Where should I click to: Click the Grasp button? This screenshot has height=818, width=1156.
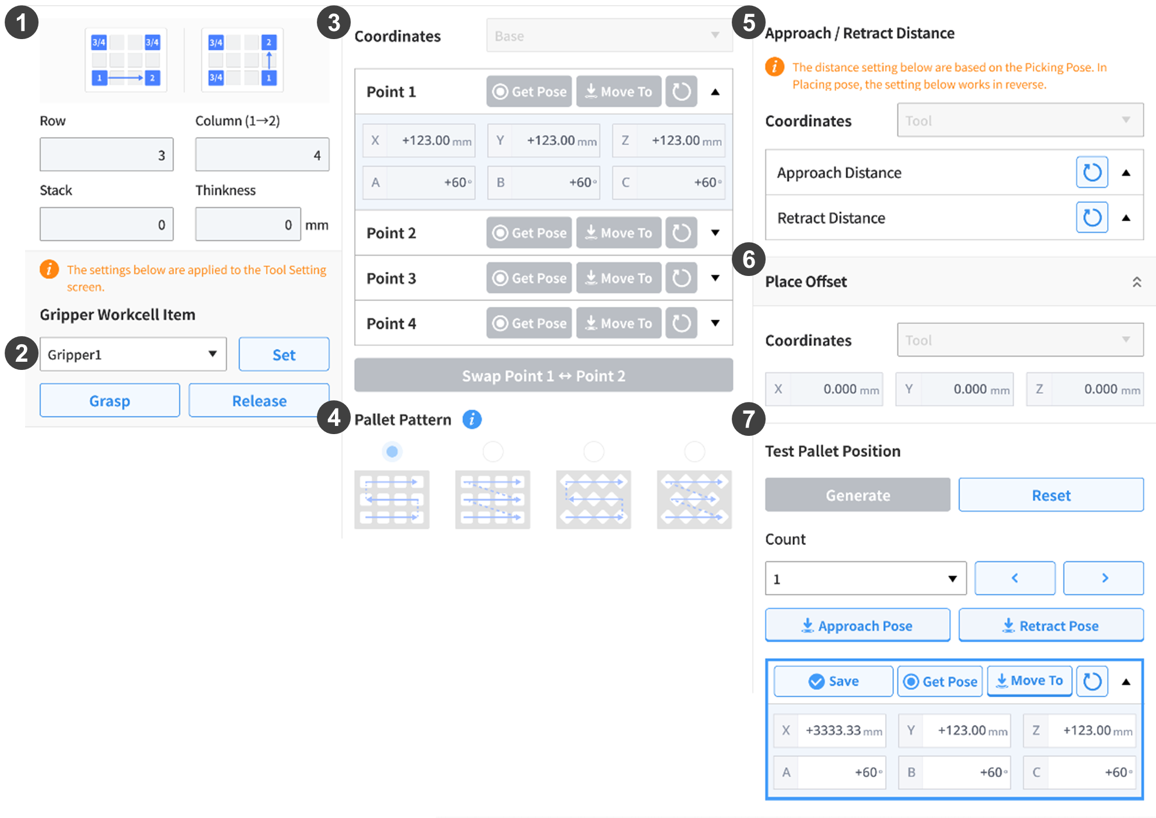[x=110, y=401]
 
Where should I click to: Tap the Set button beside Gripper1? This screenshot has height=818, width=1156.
[x=284, y=355]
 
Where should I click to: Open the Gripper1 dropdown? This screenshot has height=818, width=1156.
[x=133, y=355]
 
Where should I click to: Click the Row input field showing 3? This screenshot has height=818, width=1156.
[x=107, y=155]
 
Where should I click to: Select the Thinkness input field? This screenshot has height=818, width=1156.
[x=248, y=225]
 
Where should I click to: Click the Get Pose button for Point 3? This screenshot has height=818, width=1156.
[x=529, y=278]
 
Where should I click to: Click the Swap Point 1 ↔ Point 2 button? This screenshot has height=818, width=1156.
[x=543, y=375]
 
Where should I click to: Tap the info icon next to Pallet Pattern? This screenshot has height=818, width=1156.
[x=472, y=419]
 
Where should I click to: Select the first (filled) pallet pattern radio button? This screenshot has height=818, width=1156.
[x=392, y=452]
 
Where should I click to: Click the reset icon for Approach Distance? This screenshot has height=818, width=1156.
[x=1092, y=173]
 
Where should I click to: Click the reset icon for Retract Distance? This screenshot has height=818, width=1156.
[x=1092, y=218]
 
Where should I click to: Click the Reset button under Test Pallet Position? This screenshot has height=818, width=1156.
[x=1051, y=495]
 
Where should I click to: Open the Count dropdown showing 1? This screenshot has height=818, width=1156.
[x=866, y=579]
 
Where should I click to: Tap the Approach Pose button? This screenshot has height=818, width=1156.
[x=858, y=625]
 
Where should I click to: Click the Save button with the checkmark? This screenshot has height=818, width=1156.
[x=833, y=681]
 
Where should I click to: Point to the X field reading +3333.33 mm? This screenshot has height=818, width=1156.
[x=830, y=730]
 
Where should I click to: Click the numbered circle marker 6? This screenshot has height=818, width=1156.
[x=749, y=260]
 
